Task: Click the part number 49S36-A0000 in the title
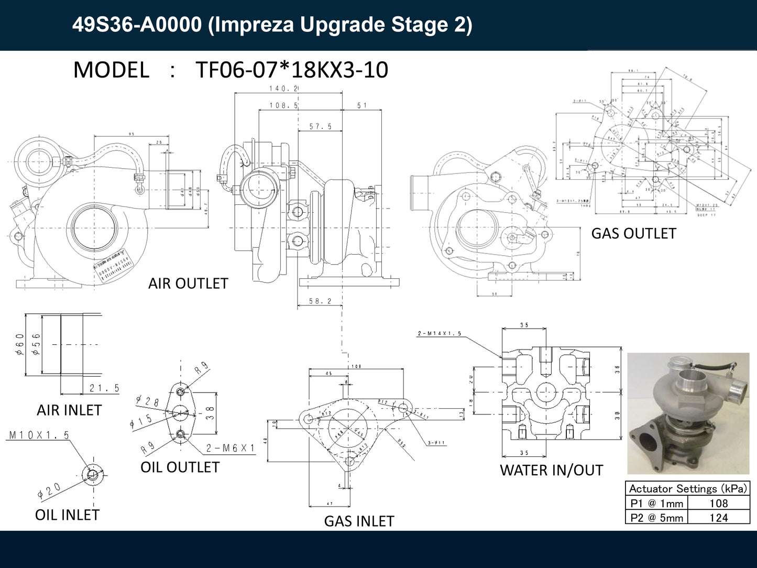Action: [137, 25]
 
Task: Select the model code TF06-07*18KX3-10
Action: [292, 70]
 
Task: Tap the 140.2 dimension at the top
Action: [283, 89]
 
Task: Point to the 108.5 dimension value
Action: [283, 105]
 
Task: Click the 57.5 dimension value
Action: [320, 126]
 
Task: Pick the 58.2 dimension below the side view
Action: [320, 301]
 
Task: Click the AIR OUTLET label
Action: [188, 283]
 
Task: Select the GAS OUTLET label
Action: [633, 234]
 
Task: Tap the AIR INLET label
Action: [69, 410]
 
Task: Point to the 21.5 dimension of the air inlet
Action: [104, 388]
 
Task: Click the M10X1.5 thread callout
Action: [39, 435]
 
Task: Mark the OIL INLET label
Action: [67, 515]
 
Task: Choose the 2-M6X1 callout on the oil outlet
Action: [230, 448]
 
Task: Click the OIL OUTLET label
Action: [180, 467]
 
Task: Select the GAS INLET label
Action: [359, 521]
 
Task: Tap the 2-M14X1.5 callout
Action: [439, 333]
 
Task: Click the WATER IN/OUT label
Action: [551, 471]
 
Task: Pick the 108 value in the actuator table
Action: [718, 504]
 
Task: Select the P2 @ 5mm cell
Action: [656, 518]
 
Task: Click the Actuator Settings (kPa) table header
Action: [688, 489]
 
